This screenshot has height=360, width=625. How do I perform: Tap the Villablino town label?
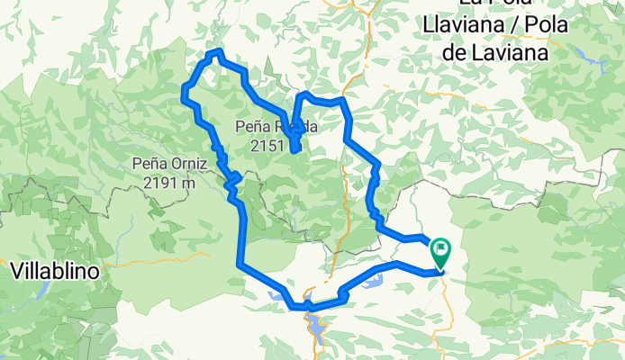coord(55,269)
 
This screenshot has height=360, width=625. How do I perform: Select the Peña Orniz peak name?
coord(169,165)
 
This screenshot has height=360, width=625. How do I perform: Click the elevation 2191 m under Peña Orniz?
coord(169,183)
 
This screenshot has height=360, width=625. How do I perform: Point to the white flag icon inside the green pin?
coord(441,247)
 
